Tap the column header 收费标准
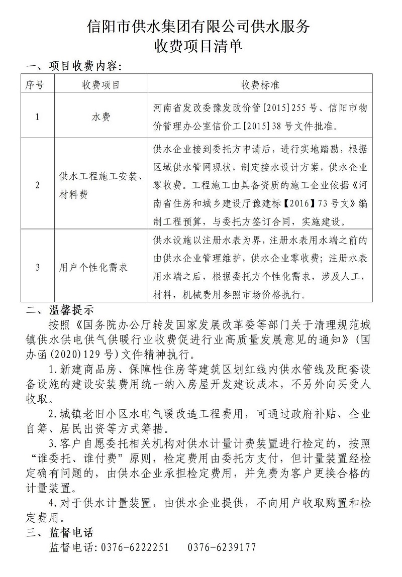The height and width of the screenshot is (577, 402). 260,84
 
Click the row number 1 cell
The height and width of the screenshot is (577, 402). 37,117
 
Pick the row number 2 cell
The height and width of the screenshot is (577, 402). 37,185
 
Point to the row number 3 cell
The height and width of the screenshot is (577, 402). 37,267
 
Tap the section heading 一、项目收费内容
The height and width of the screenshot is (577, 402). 73,67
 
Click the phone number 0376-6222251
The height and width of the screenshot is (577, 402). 135,547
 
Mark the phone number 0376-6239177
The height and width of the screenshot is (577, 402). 222,547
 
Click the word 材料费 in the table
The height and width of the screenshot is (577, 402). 73,194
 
